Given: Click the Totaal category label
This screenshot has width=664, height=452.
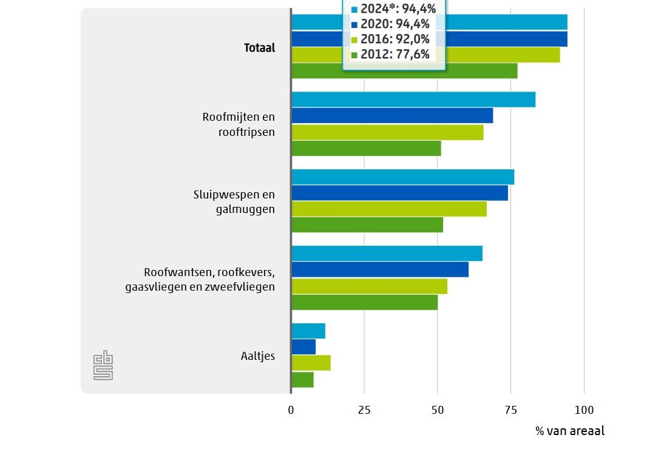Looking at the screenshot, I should [x=259, y=47].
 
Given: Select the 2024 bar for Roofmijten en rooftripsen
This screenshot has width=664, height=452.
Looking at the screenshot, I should [x=413, y=100].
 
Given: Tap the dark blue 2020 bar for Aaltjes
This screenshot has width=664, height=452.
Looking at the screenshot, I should [x=303, y=347].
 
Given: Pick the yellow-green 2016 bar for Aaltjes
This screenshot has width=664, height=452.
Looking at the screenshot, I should [x=311, y=363].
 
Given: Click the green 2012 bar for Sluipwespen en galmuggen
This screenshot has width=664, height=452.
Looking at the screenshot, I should [x=367, y=224].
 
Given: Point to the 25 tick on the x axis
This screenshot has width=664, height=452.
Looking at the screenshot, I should [x=364, y=410].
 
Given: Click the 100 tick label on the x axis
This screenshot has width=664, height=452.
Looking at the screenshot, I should [x=584, y=410].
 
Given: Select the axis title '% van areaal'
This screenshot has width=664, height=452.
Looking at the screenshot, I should [x=570, y=431].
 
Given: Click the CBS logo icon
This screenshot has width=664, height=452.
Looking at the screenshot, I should [x=103, y=365].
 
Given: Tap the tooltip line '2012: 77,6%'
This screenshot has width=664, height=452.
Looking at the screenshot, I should [x=395, y=55].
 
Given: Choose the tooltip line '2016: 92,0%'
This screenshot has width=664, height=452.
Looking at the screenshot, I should [x=395, y=39].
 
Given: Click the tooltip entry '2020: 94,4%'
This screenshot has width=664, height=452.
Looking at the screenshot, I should [x=395, y=24].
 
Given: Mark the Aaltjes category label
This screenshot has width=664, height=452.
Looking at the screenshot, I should [x=257, y=356].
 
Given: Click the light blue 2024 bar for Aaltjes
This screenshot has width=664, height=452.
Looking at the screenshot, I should [x=308, y=331].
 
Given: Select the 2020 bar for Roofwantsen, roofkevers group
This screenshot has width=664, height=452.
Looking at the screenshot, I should [x=380, y=269].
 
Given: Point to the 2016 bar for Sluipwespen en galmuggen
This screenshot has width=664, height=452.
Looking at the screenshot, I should [x=389, y=209].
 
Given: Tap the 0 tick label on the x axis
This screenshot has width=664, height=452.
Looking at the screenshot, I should [x=291, y=410].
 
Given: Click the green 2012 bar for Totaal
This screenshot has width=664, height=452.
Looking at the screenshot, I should [x=404, y=71].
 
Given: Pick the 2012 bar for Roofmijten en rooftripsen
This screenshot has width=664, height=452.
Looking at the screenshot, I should [x=366, y=148].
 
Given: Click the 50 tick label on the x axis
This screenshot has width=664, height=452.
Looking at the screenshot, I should [x=437, y=410].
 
